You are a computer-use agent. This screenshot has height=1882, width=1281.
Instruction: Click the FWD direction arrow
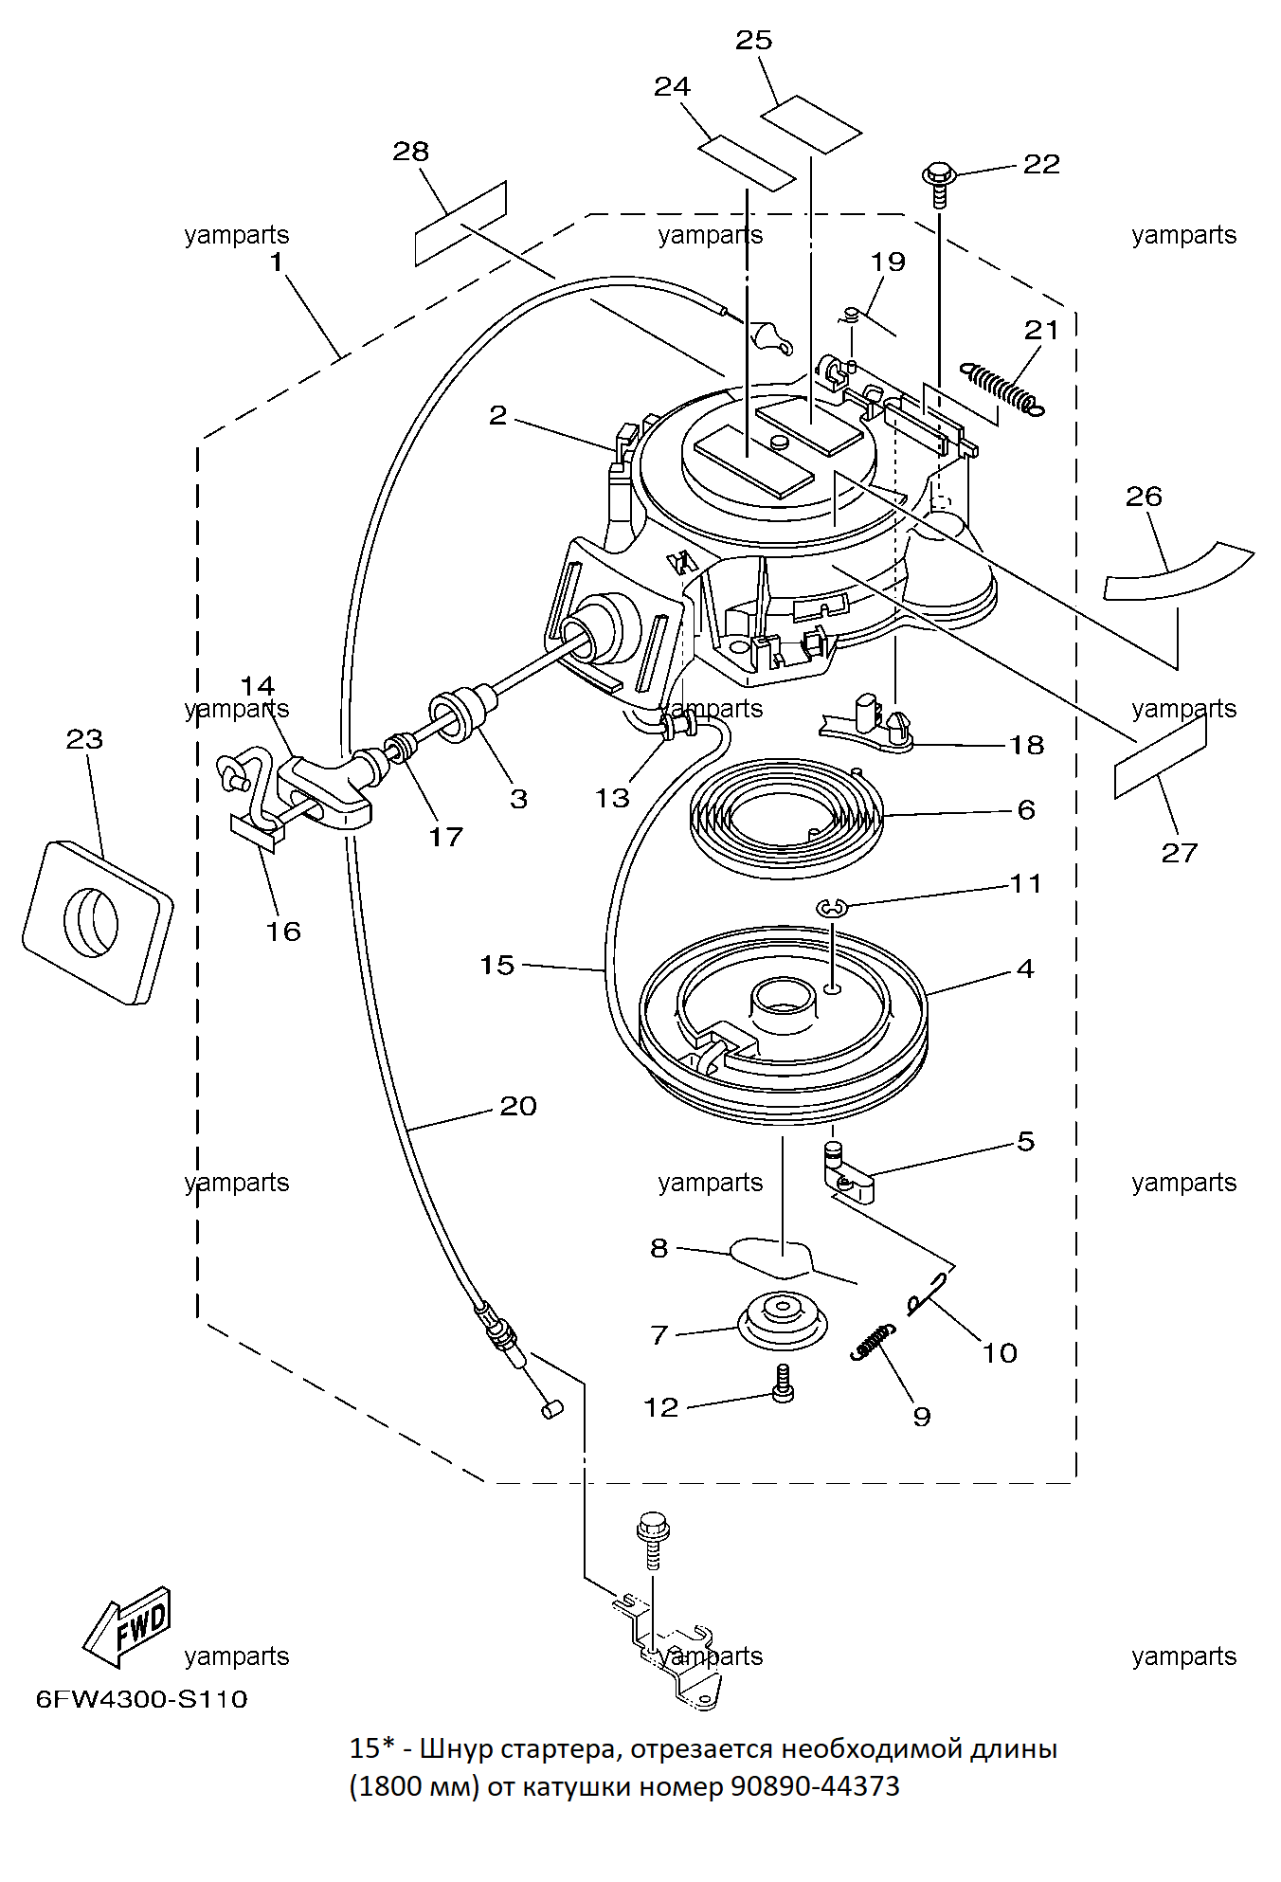pos(126,1626)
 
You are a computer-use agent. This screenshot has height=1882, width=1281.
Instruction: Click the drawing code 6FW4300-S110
pos(142,1699)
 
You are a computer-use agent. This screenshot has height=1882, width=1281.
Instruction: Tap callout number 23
pos(84,739)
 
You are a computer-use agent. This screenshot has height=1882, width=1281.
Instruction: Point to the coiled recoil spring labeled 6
pos(787,818)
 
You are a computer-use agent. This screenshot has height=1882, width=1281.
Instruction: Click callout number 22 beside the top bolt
pos(1041,164)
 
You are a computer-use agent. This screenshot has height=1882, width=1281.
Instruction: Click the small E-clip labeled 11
pos(831,909)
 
